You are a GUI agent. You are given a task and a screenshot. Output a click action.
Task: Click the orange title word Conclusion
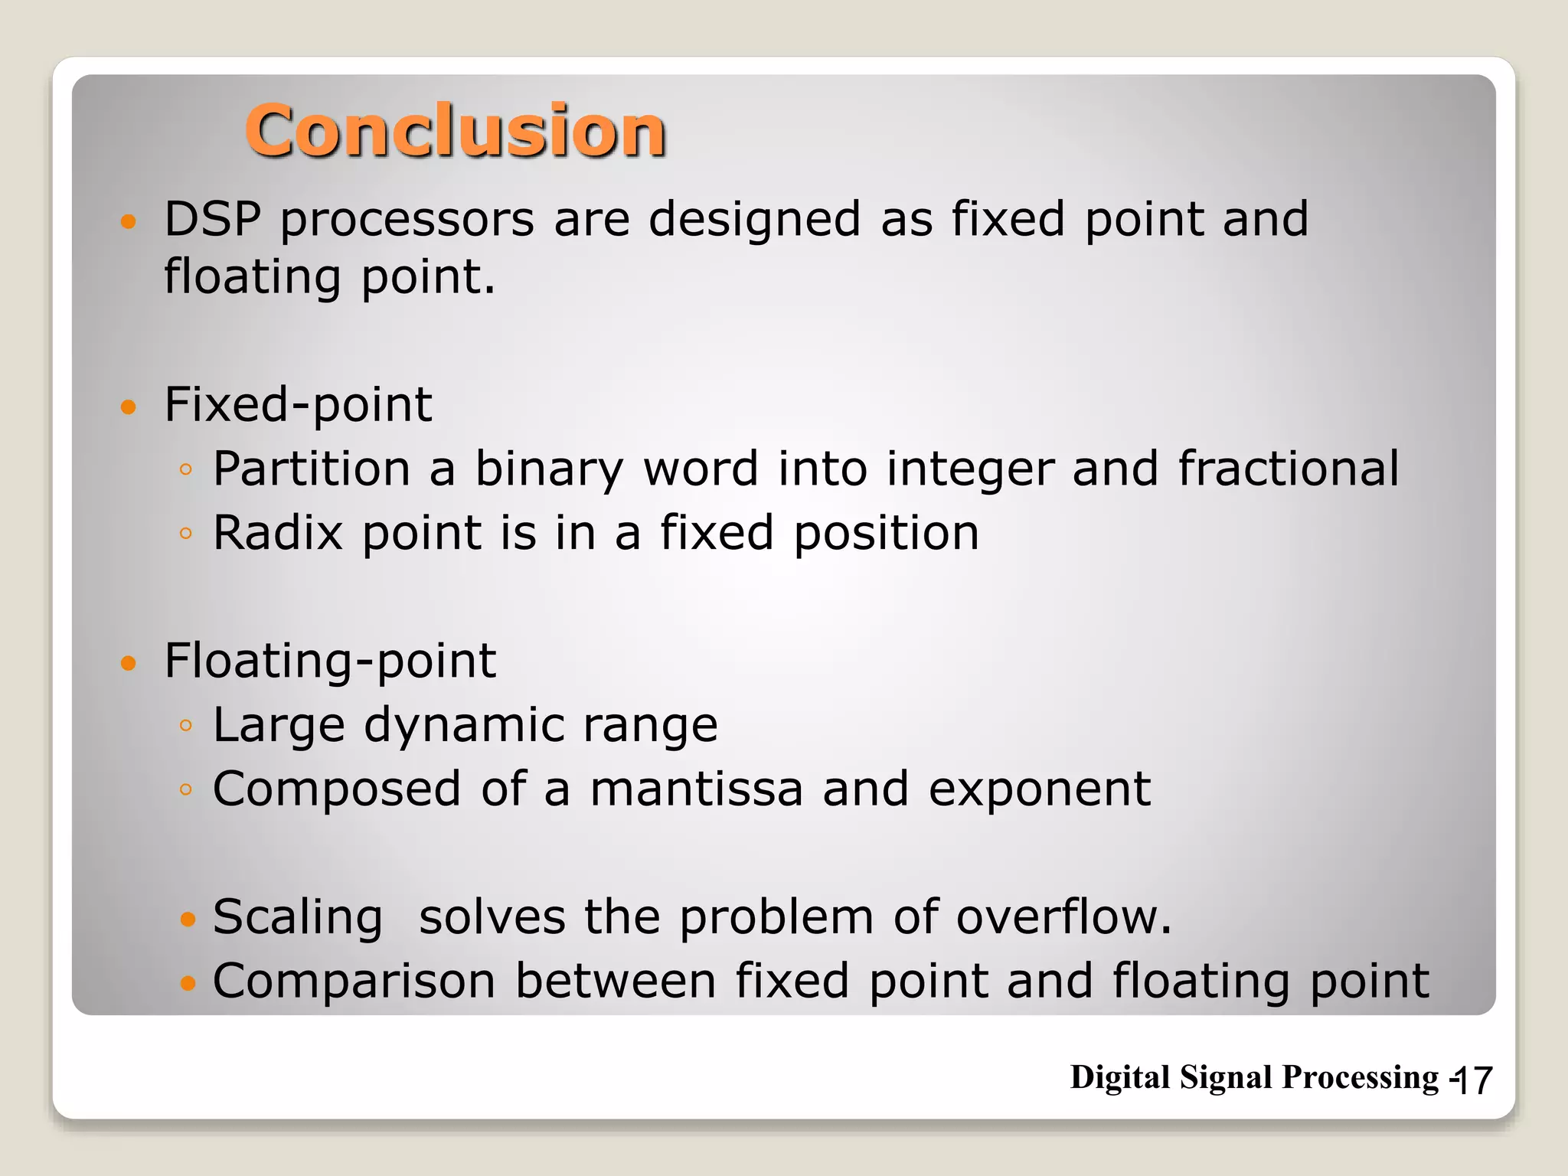click(x=455, y=132)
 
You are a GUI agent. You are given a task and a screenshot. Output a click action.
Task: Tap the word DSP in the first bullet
click(x=212, y=220)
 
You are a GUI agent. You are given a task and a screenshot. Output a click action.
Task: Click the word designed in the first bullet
click(x=754, y=220)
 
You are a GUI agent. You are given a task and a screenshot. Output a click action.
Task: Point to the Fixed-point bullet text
click(x=298, y=405)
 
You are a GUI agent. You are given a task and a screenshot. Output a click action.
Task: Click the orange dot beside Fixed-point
click(x=128, y=407)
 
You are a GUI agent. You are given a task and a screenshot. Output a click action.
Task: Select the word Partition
click(x=312, y=469)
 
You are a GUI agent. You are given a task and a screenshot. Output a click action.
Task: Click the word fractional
click(x=1288, y=469)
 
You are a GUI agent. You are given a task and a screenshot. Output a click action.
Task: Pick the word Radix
click(x=277, y=533)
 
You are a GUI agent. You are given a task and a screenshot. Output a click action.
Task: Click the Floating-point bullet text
click(x=330, y=661)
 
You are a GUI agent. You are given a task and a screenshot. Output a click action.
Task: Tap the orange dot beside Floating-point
click(x=128, y=663)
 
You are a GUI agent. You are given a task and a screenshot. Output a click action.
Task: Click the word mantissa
click(x=695, y=789)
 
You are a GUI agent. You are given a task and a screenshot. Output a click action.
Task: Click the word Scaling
click(x=297, y=918)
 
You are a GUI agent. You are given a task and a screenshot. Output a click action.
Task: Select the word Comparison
click(x=354, y=982)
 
